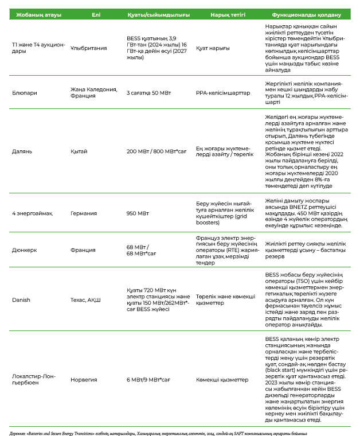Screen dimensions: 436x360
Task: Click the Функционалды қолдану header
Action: click(x=303, y=14)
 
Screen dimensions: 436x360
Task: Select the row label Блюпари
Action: click(x=23, y=92)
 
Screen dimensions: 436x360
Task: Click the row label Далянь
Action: click(x=21, y=151)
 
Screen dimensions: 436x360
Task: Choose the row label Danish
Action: click(x=21, y=299)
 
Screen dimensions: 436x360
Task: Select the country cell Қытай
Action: click(x=79, y=151)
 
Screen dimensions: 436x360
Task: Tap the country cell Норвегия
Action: click(x=84, y=379)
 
